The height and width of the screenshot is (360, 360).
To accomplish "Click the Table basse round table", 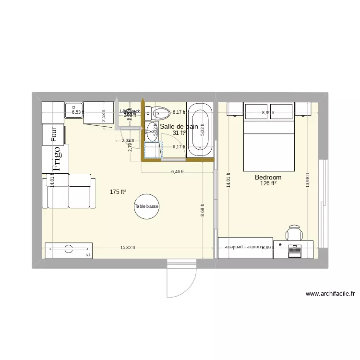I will [146, 206].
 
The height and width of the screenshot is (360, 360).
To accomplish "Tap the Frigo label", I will [57, 159].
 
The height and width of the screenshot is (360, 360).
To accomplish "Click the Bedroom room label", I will [268, 177].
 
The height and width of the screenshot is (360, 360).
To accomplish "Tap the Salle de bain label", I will [179, 126].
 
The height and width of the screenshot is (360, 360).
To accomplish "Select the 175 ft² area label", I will [118, 192].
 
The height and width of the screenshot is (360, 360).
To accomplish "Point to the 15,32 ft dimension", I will [128, 248].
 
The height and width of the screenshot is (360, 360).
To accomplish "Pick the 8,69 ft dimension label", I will [203, 210].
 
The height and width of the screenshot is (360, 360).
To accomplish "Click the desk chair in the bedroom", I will [294, 233].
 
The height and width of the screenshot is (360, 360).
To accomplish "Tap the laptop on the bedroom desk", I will [294, 249].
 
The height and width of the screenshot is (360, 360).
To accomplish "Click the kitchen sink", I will [74, 112].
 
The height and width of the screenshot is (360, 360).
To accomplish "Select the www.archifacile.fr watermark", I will [329, 294].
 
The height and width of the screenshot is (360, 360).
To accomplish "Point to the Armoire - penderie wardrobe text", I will [246, 247].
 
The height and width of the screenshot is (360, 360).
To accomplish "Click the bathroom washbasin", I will [153, 128].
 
